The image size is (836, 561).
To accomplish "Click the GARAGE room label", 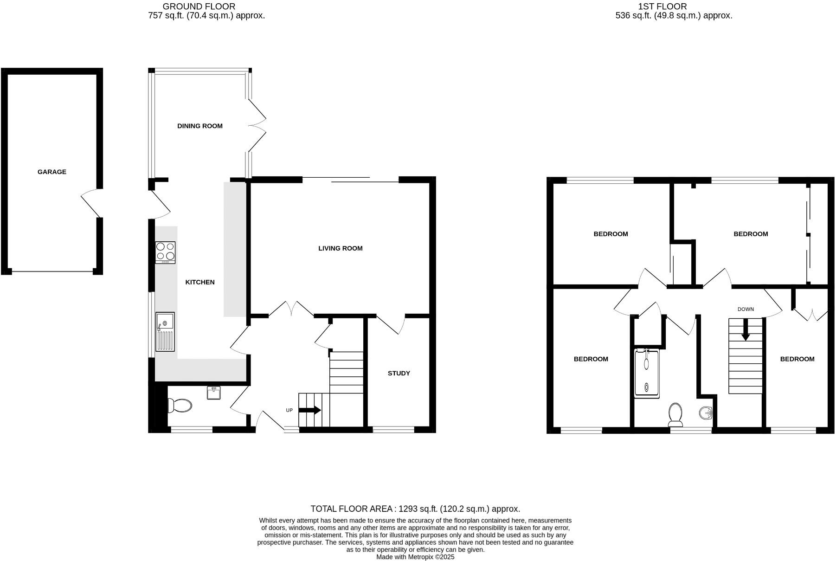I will [52, 172].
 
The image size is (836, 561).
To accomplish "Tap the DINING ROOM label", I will [199, 126].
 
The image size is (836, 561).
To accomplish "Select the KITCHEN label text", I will [200, 282].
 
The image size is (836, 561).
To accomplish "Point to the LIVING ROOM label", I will [340, 248].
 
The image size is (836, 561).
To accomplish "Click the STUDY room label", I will [399, 373].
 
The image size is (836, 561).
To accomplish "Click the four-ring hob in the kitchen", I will [165, 252].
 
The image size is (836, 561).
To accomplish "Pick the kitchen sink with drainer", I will [165, 331].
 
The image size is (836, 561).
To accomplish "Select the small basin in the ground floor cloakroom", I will [214, 393].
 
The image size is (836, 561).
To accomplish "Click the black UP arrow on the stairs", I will [310, 410].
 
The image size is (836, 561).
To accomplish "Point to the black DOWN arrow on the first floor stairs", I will [745, 330].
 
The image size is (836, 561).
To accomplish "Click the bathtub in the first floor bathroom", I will [646, 374].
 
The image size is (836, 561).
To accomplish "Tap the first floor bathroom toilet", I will [675, 414].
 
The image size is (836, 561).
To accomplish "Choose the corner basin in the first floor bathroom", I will [706, 412].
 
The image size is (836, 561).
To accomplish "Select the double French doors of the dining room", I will [256, 125].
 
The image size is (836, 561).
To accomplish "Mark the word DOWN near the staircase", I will [746, 309].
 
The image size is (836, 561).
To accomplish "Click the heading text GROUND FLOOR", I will [199, 6].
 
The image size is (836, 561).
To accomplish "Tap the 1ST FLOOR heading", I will [662, 6].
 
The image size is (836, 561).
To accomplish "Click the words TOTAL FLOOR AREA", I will [351, 509].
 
